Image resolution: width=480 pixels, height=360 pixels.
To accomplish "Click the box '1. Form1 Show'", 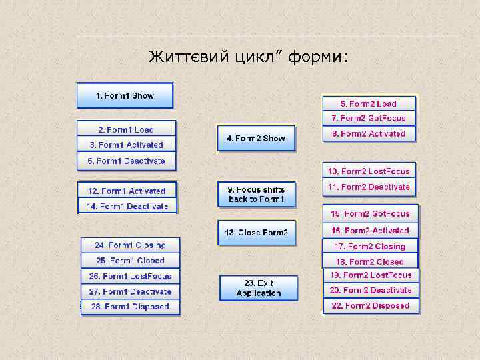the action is (125, 95).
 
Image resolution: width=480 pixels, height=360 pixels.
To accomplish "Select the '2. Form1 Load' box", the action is (126, 129).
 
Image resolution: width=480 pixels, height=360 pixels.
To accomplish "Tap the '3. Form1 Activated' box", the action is (126, 145).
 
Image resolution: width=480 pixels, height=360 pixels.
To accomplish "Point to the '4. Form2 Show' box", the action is (256, 139).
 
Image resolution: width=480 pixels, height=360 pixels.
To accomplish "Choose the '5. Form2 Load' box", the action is (369, 103).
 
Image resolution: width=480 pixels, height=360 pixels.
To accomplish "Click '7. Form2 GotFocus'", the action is (369, 118).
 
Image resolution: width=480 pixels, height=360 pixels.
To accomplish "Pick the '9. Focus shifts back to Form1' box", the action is (256, 194).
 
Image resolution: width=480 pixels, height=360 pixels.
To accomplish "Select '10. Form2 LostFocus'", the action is (369, 171).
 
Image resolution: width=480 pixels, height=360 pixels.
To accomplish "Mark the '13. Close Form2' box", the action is (256, 233).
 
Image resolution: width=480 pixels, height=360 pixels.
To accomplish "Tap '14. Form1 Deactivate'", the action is (127, 207).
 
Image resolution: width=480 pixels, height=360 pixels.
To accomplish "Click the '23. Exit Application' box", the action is (259, 288).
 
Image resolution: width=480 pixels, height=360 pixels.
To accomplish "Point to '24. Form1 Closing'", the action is (130, 245).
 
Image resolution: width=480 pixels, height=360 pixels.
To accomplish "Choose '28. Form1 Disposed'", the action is (130, 307).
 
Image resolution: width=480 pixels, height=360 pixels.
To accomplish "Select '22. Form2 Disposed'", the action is (371, 306).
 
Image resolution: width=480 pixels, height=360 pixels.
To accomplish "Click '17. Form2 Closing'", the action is (371, 246).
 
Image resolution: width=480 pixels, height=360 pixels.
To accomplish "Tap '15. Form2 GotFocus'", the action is (371, 214).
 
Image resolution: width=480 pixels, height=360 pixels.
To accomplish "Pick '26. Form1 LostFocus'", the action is (130, 276).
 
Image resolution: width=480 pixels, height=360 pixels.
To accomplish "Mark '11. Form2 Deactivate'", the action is (369, 187).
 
